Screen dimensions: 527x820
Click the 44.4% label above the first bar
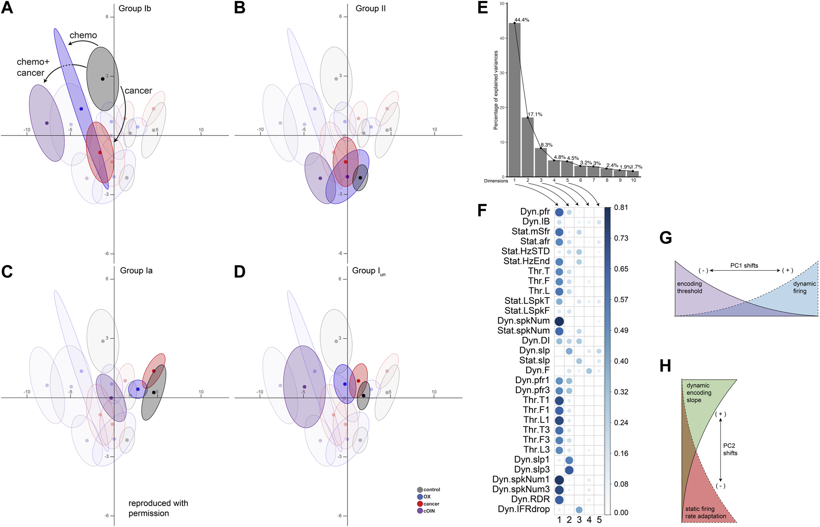(522, 20)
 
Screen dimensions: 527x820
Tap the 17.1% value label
(535, 114)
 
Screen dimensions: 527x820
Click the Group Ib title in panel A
(135, 8)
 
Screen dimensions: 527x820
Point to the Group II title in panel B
(371, 8)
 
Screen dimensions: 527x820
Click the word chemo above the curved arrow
(83, 35)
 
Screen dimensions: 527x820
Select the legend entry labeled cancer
(431, 504)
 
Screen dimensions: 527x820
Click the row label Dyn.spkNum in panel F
(523, 321)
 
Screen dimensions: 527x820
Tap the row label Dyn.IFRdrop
(524, 509)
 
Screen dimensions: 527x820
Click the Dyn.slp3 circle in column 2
(569, 470)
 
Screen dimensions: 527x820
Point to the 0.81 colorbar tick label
(621, 207)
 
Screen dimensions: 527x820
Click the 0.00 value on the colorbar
(621, 512)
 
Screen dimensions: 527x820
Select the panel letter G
(666, 238)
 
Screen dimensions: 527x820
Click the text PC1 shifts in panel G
(744, 266)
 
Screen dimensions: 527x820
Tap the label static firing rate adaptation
(706, 512)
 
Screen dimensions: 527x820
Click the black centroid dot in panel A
(103, 79)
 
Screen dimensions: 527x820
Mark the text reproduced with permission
(158, 508)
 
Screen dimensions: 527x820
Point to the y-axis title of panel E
(496, 90)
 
